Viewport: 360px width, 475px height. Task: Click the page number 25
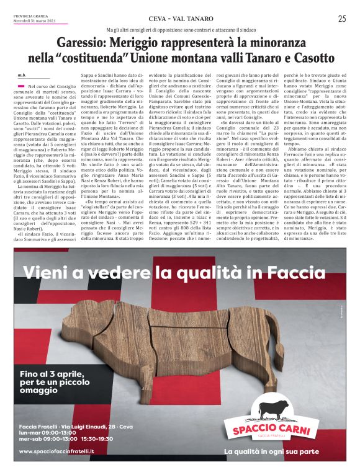pyautogui.click(x=342, y=19)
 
